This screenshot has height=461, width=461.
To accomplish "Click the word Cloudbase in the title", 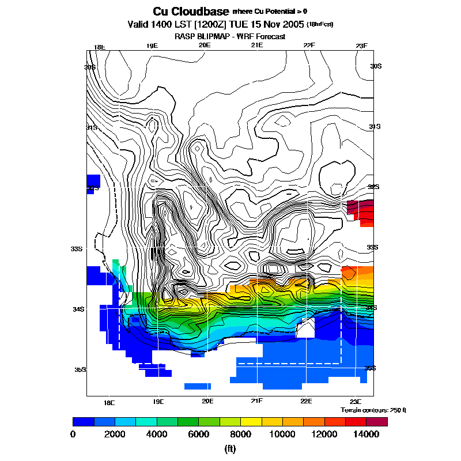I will pos(199,12).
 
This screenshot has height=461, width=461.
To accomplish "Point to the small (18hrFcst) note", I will pos(320,25).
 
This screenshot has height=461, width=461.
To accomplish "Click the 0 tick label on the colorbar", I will pos(73,434).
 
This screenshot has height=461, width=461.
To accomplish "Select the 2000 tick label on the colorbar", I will pos(115,434).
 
